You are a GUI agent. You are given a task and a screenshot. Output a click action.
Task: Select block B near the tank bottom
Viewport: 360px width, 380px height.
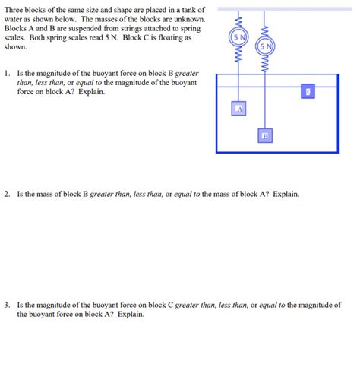(x=265, y=136)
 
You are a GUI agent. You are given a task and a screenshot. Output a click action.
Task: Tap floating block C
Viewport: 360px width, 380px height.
(x=308, y=92)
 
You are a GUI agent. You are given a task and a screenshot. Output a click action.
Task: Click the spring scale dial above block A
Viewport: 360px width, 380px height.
(x=239, y=37)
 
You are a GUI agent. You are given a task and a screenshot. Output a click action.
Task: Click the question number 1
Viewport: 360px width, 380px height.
(x=5, y=74)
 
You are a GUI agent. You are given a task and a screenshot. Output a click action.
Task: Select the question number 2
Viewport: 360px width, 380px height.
(x=5, y=195)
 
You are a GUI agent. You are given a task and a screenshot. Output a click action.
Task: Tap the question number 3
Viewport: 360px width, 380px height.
(x=5, y=303)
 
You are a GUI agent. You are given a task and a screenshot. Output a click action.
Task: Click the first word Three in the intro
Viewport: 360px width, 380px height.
(x=15, y=9)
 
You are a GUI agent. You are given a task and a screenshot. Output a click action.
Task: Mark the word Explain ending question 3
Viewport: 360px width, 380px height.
(x=130, y=313)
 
